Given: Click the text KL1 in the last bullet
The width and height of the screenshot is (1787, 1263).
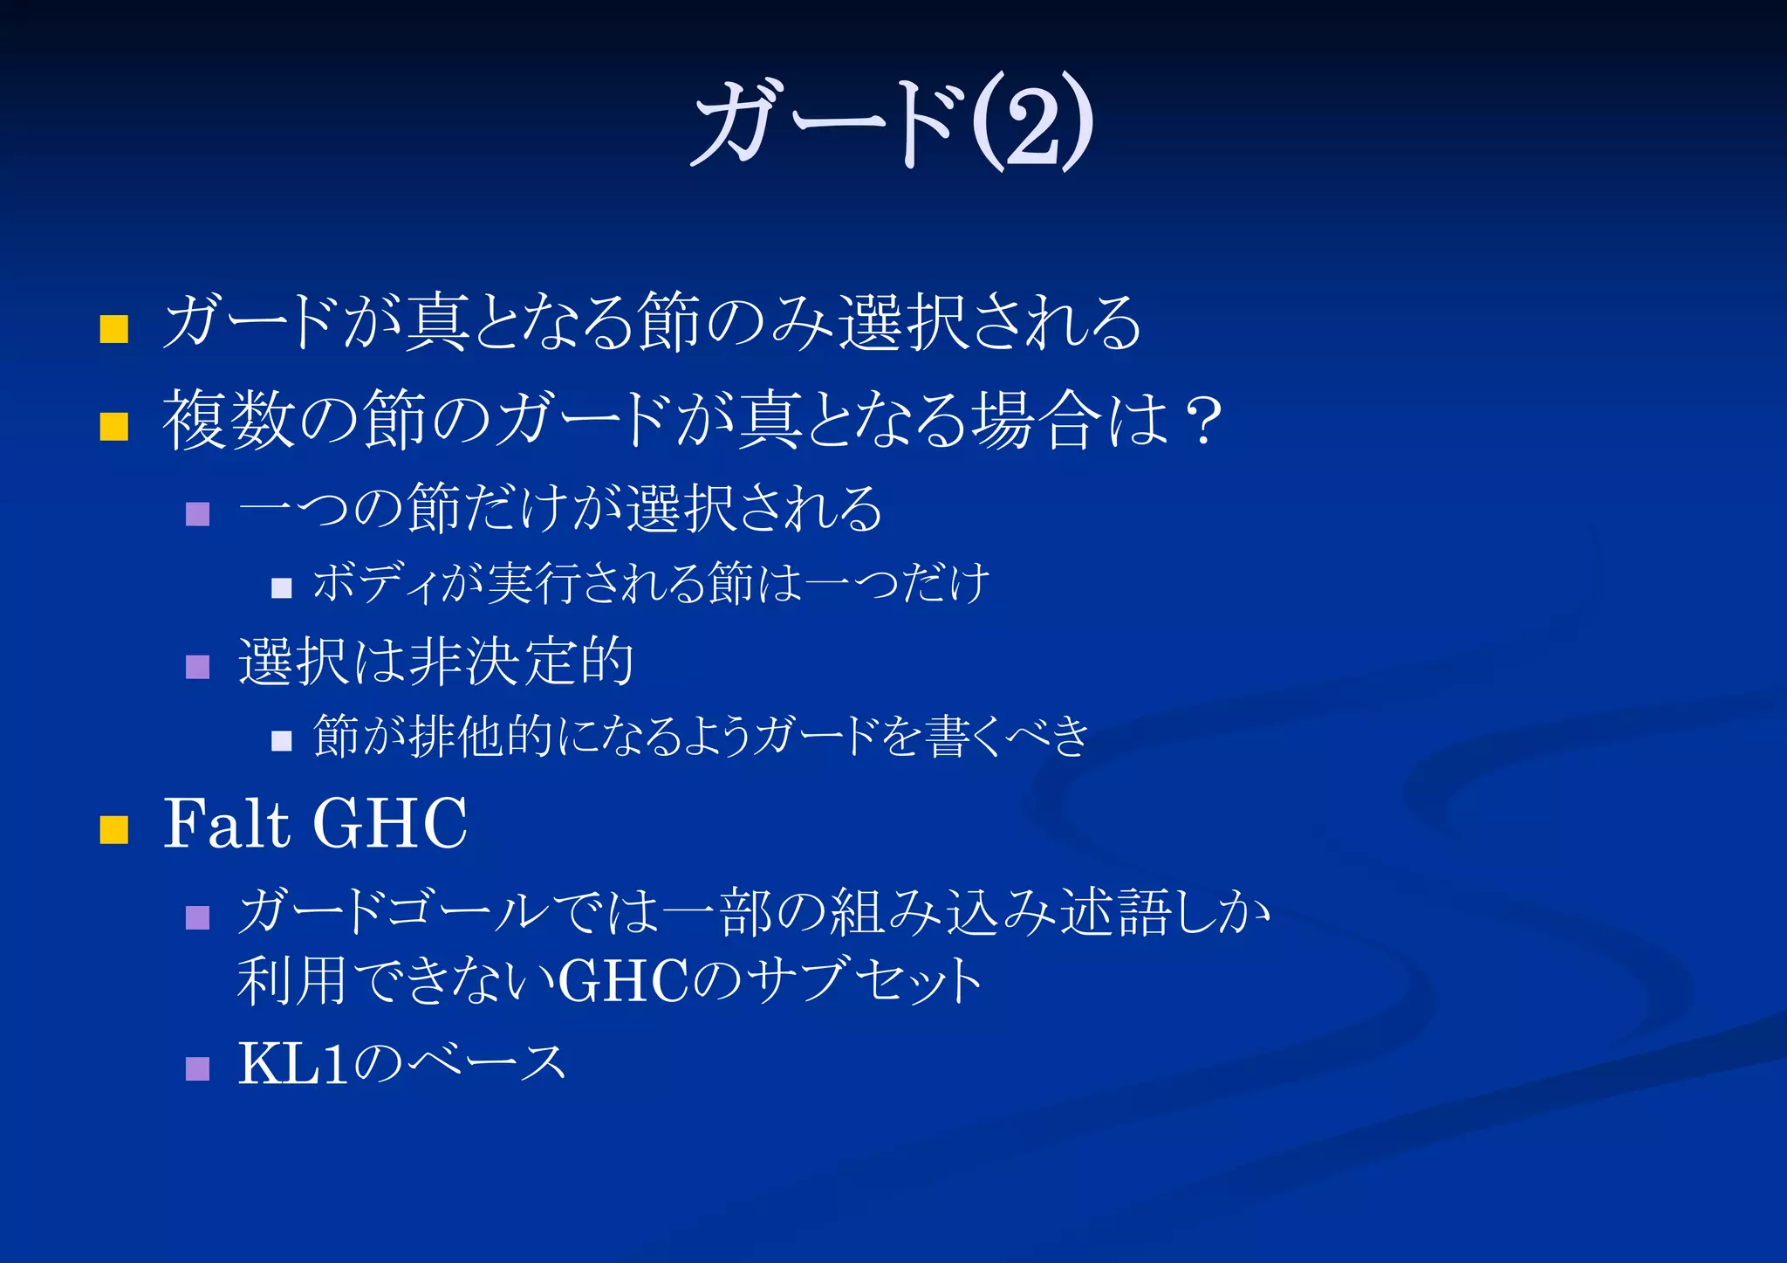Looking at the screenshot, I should [x=293, y=1064].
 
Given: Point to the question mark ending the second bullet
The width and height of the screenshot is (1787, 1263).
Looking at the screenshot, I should [x=1205, y=421].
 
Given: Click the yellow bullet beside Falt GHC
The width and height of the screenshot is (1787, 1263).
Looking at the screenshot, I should [x=114, y=829].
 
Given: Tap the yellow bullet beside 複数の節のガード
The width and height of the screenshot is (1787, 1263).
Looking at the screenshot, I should [x=114, y=427].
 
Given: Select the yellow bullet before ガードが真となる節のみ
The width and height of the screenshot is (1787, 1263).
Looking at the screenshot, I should [x=114, y=329].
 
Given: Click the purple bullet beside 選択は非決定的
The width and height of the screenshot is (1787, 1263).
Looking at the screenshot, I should [x=198, y=667].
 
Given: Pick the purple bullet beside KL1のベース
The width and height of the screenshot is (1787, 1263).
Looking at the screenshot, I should [x=198, y=1068].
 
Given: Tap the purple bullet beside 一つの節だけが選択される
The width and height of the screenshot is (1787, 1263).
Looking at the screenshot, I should [x=198, y=513].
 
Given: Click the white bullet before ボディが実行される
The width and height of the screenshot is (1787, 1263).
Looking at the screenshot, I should [x=281, y=587].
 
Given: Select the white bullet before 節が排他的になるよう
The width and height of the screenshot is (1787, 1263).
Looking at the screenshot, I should [x=281, y=741].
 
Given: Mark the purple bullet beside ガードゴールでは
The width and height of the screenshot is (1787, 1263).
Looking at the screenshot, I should [x=198, y=917].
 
